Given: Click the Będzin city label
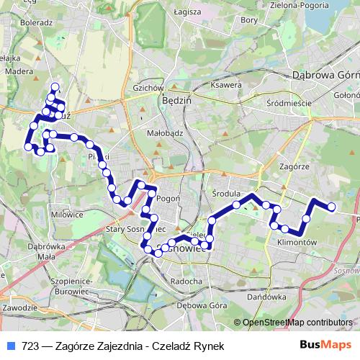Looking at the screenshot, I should pyautogui.click(x=177, y=101).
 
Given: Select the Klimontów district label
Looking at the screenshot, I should pyautogui.click(x=297, y=243).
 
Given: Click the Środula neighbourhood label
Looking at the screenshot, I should pyautogui.click(x=225, y=194).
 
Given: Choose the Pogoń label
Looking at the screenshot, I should pyautogui.click(x=168, y=199).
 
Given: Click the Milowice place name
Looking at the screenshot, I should pyautogui.click(x=68, y=213).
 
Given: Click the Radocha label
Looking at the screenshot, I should pyautogui.click(x=186, y=281).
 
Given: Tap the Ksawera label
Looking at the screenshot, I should pyautogui.click(x=227, y=85).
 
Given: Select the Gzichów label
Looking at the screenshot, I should pyautogui.click(x=145, y=89).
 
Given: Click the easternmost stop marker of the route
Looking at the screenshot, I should pyautogui.click(x=332, y=207).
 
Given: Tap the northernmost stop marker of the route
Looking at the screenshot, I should pyautogui.click(x=55, y=86).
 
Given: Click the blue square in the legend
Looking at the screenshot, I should pyautogui.click(x=9, y=346).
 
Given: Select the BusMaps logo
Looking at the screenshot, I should pyautogui.click(x=326, y=346).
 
